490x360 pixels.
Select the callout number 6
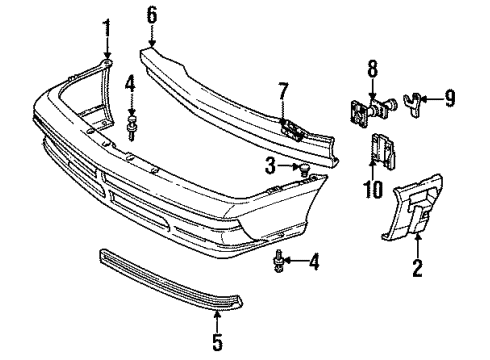152,14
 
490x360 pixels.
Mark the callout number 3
270,163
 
